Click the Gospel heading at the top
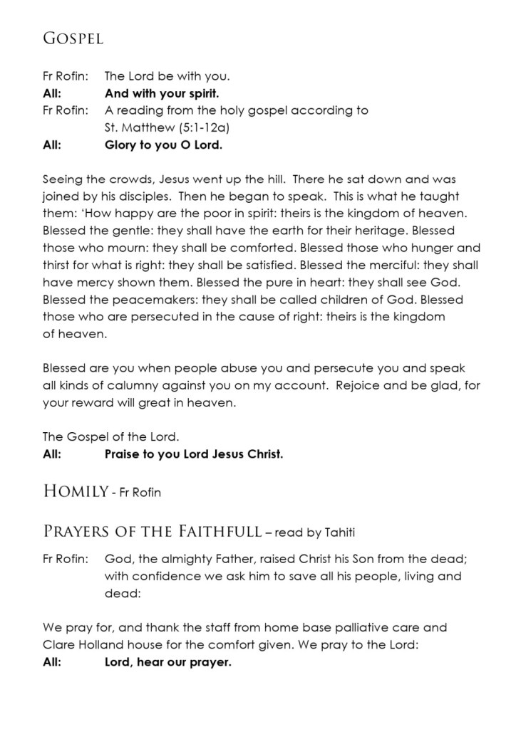(73, 39)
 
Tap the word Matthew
(146, 129)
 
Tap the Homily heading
(75, 491)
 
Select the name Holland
(101, 645)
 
